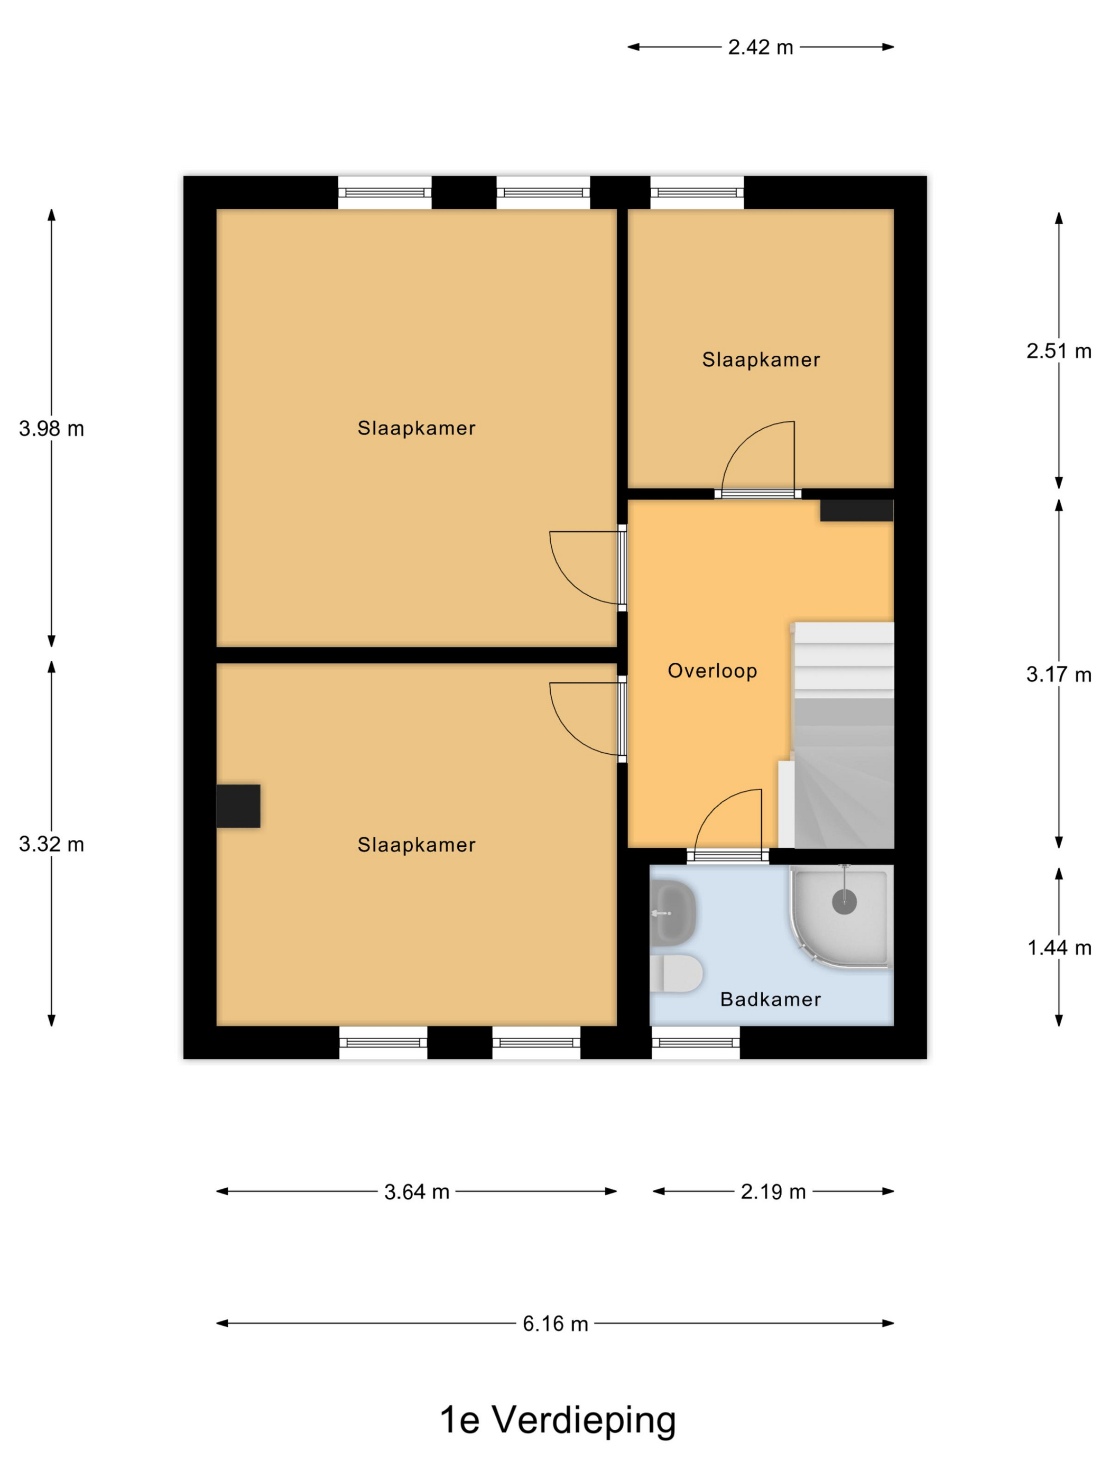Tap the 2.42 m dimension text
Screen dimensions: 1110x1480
click(x=760, y=48)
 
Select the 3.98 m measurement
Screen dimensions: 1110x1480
click(x=51, y=428)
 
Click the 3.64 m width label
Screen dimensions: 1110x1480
click(x=416, y=1191)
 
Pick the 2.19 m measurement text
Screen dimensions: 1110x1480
click(x=773, y=1191)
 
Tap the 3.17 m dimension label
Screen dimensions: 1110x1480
click(x=1059, y=674)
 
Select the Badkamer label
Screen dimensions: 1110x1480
click(x=770, y=1000)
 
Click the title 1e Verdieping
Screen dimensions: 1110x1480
click(x=557, y=1420)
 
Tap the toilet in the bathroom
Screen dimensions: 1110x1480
click(x=676, y=974)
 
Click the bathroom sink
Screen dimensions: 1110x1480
click(x=672, y=913)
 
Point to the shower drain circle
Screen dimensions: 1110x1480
click(x=844, y=902)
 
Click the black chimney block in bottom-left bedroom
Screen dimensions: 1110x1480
click(x=238, y=806)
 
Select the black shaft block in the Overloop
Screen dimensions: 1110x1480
click(x=856, y=511)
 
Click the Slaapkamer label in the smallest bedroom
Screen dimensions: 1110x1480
click(x=761, y=360)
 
